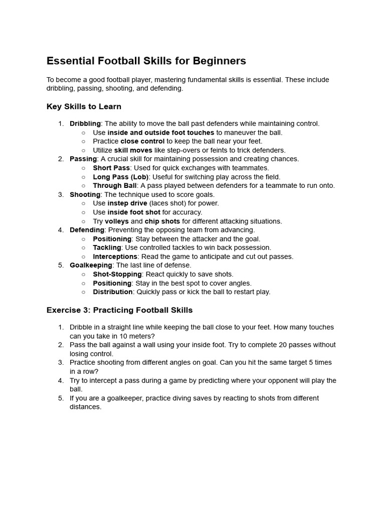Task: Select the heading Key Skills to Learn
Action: click(84, 107)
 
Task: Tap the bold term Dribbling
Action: click(85, 124)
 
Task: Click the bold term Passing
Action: click(83, 159)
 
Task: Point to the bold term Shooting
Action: click(85, 194)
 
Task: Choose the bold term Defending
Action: click(87, 230)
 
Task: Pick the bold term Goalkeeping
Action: click(91, 265)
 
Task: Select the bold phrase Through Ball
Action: click(114, 185)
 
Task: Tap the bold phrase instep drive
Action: click(127, 203)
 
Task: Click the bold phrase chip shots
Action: click(162, 221)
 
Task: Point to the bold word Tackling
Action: click(107, 247)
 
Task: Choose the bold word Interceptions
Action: click(115, 256)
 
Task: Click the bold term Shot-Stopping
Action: click(117, 274)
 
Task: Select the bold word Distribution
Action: click(113, 292)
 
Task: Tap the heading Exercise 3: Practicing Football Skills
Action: click(119, 310)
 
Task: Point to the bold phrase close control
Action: click(142, 141)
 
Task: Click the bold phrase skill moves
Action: click(133, 150)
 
